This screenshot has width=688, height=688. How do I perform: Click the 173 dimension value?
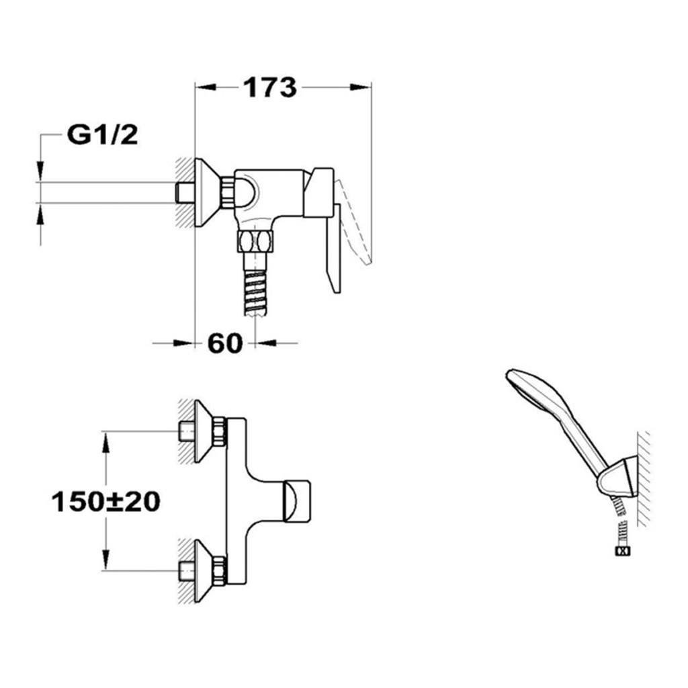pos(270,87)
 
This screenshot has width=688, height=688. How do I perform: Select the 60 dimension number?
pos(224,343)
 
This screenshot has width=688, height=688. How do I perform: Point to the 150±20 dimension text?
pos(105,501)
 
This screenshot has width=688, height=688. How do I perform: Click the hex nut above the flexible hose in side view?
pos(255,241)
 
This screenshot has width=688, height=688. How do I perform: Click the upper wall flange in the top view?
pos(204,431)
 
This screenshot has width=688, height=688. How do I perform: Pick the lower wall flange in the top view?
pos(204,570)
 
